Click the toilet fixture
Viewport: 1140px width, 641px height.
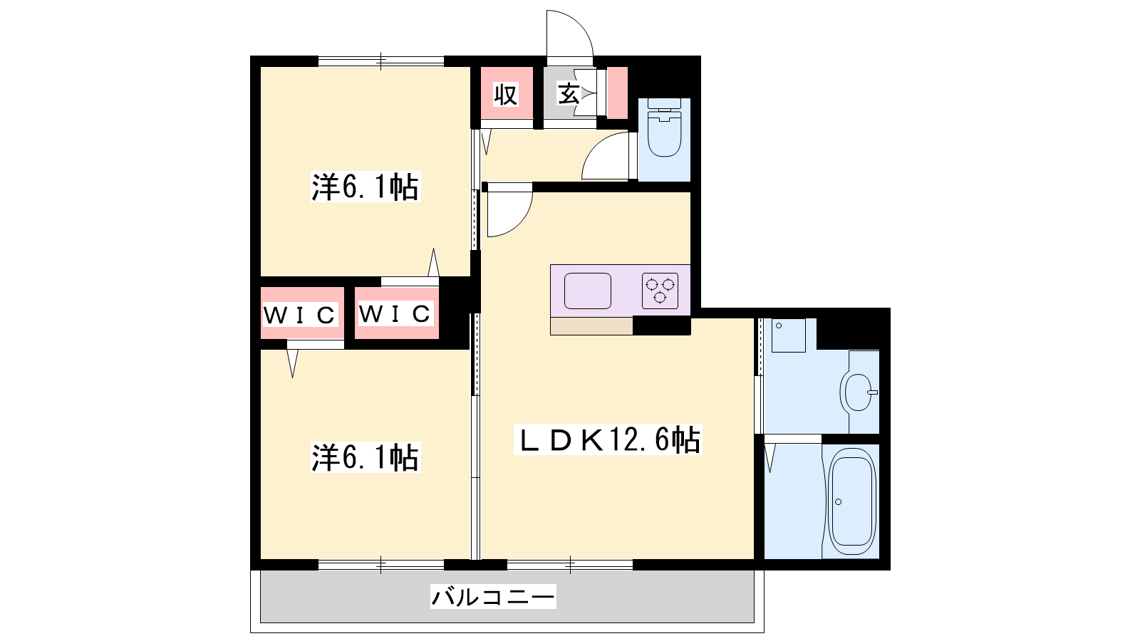tap(664, 127)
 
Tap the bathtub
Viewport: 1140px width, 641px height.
tap(851, 501)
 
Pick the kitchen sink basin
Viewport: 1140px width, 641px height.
tap(587, 291)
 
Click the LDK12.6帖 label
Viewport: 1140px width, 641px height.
tap(608, 439)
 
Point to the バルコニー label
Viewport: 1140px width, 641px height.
tap(492, 596)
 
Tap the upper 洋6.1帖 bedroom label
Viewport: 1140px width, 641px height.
tap(366, 187)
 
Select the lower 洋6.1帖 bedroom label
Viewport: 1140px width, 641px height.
tap(366, 457)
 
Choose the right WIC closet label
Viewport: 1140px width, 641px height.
tap(395, 314)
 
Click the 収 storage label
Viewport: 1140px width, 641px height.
tap(505, 95)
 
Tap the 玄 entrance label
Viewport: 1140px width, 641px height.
tap(569, 93)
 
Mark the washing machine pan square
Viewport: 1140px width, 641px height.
tap(788, 335)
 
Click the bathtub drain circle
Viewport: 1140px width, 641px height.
tap(838, 502)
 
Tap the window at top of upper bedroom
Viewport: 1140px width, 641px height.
tap(381, 61)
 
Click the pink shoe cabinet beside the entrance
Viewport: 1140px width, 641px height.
tap(617, 93)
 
